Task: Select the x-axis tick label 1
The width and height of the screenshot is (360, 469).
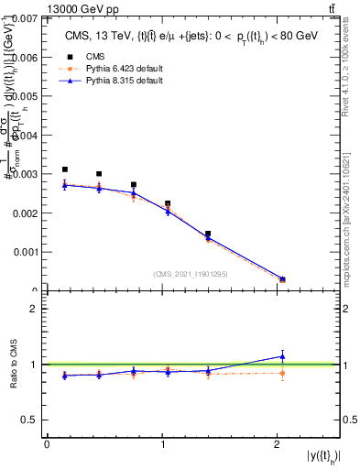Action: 162,444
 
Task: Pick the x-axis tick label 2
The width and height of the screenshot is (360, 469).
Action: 277,444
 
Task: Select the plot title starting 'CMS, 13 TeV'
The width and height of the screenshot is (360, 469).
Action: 192,36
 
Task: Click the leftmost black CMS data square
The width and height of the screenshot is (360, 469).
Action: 64,169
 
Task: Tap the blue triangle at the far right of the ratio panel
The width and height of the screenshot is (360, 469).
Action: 282,355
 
